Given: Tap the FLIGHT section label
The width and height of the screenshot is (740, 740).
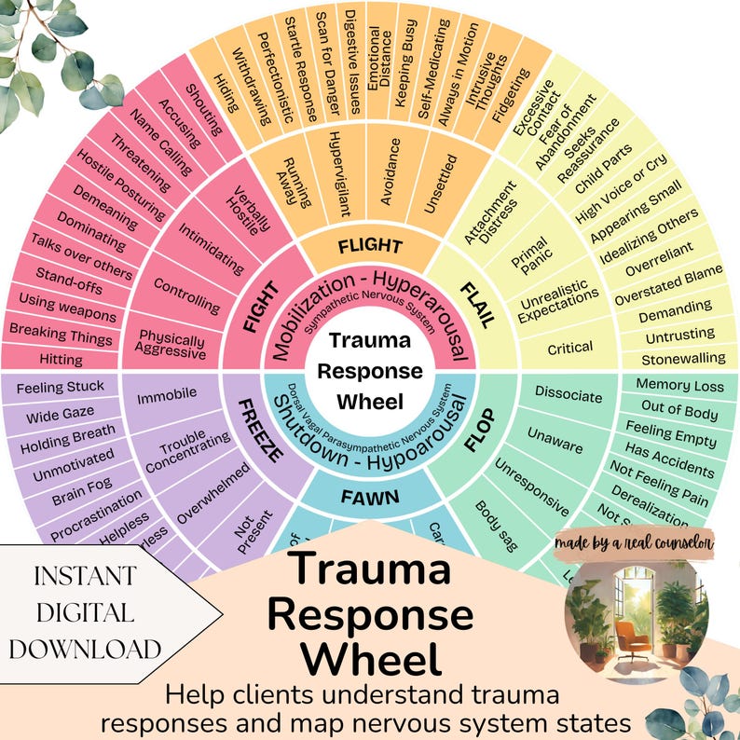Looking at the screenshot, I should [x=370, y=247].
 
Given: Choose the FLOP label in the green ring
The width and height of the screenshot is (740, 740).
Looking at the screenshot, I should [x=478, y=433].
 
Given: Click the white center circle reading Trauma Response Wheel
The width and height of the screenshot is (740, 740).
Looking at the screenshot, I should [x=370, y=371].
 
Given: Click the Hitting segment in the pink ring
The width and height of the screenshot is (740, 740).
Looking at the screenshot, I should [x=62, y=359].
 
